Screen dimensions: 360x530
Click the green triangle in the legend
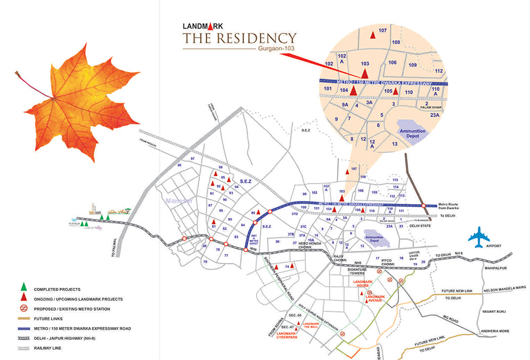(23, 289)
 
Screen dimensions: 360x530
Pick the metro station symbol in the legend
(23, 309)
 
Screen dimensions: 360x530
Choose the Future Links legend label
(48, 319)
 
